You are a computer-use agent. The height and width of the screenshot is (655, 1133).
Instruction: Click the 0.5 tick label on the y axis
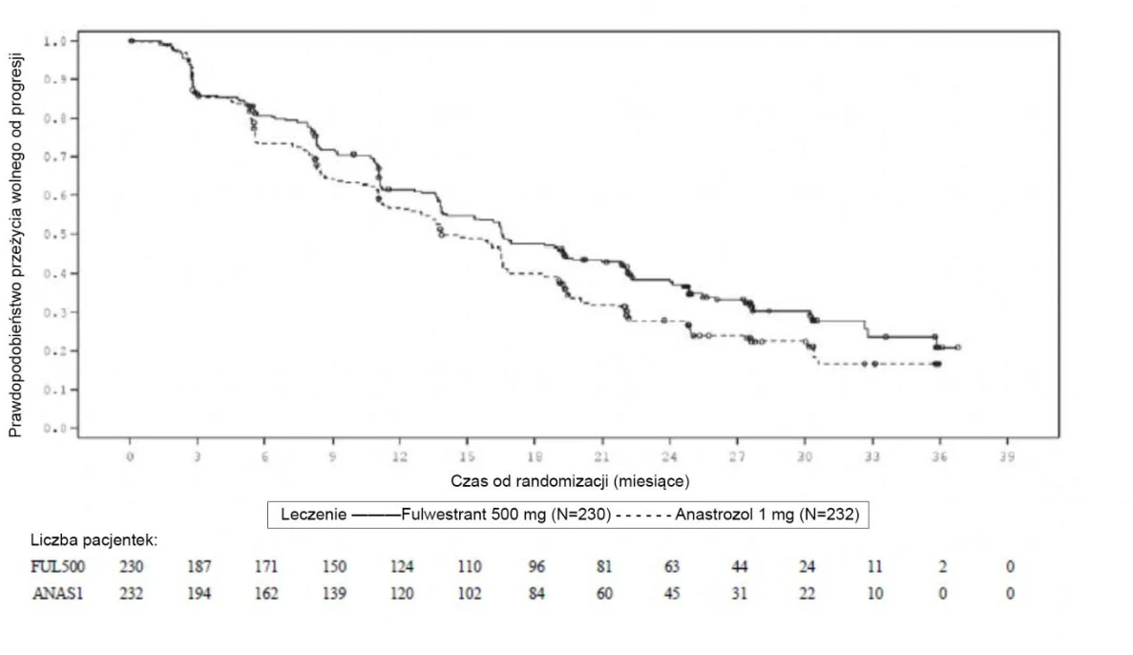pos(56,234)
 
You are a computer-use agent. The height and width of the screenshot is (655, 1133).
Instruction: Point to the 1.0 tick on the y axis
pos(74,41)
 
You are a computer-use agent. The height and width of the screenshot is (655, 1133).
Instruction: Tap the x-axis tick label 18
pos(535,457)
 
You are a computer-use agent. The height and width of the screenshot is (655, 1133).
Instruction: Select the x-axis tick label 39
pos(1007,457)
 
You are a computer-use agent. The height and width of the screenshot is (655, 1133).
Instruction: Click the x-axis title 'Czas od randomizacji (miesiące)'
pos(570,481)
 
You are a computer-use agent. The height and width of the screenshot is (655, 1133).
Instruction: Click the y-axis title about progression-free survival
pos(16,245)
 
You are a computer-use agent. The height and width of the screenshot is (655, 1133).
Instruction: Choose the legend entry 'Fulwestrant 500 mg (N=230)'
pos(506,515)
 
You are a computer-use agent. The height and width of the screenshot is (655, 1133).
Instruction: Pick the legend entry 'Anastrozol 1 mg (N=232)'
pos(767,515)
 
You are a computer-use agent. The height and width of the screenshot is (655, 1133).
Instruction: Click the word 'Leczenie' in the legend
pos(314,515)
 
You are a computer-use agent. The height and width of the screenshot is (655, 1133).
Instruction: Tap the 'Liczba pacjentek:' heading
pos(94,540)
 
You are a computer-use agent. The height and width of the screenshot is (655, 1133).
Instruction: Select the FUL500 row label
pos(58,567)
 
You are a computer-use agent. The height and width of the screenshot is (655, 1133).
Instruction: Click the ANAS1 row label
pos(58,594)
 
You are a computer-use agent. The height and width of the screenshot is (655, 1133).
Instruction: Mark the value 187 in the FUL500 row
pos(199,567)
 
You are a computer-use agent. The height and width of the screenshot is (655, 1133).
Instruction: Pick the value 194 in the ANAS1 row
pos(199,594)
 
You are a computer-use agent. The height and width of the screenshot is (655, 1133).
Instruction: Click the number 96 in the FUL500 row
pos(536,567)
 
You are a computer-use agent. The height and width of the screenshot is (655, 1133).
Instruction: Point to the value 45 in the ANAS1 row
pos(672,594)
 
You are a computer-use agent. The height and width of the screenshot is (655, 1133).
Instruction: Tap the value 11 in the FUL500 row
pos(874,567)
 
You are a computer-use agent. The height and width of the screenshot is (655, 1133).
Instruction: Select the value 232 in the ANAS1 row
pos(132,594)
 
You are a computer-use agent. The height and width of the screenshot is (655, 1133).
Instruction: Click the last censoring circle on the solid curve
pos(958,348)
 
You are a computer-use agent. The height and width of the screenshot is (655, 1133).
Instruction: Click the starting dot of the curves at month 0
pos(131,41)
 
